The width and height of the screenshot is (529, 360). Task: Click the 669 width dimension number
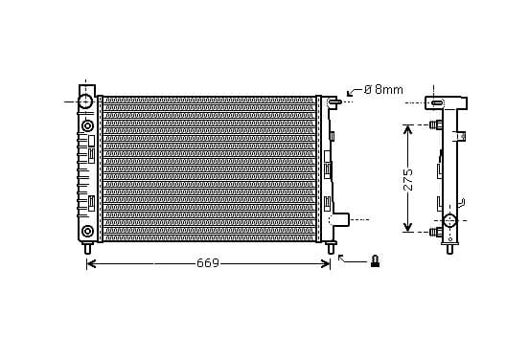[208, 263]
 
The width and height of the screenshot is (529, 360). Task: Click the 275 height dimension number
[408, 179]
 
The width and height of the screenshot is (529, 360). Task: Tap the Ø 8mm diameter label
[383, 90]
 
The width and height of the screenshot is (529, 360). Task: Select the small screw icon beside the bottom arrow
[375, 261]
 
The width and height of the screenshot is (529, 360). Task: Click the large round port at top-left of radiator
[85, 101]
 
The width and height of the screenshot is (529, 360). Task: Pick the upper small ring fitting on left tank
[87, 126]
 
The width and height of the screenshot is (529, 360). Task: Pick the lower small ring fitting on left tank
[87, 232]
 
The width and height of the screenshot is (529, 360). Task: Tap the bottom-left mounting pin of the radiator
[88, 248]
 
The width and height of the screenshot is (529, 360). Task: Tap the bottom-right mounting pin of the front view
[331, 248]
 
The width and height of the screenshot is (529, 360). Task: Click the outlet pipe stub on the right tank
[341, 219]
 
